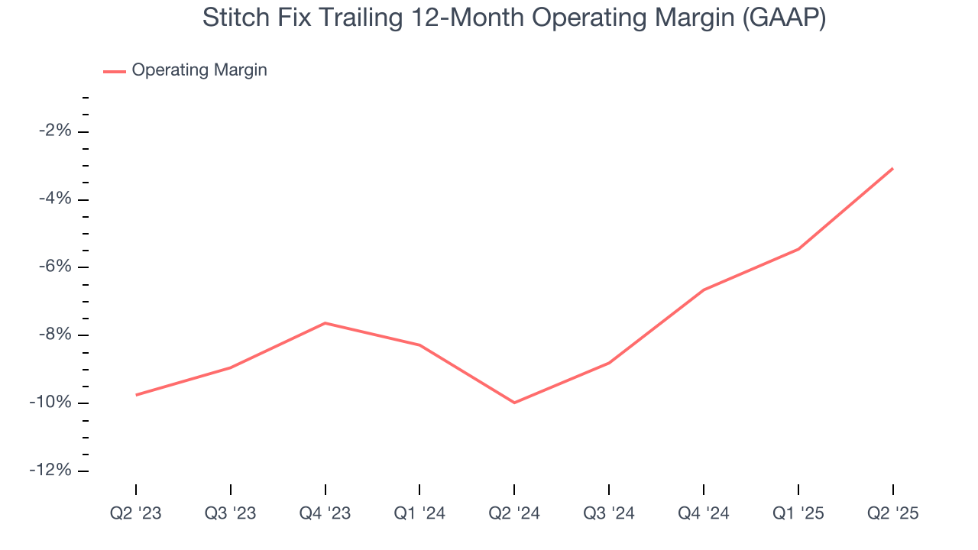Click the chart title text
[513, 18]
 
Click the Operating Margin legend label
[199, 70]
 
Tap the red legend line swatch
[115, 71]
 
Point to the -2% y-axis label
[55, 131]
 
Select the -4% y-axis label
[55, 199]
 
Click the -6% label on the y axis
[55, 267]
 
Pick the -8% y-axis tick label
[55, 335]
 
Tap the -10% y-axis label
[51, 403]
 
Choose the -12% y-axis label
[51, 471]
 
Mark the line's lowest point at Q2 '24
[514, 403]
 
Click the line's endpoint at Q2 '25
[892, 168]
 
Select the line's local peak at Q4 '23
[325, 323]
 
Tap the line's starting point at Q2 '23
[136, 395]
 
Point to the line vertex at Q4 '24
[704, 290]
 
